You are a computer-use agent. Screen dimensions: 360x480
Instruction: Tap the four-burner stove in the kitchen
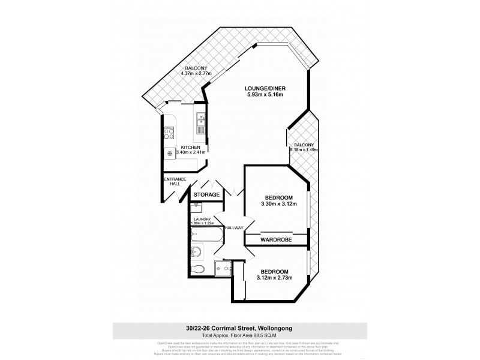point(169,134)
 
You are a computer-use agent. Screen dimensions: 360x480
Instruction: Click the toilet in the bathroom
point(199,268)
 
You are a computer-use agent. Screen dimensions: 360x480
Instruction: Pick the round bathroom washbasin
point(196,252)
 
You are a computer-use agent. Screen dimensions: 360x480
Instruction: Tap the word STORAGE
point(206,195)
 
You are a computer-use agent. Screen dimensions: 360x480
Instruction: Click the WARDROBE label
point(276,239)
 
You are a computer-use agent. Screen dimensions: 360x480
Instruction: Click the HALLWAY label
point(233,227)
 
